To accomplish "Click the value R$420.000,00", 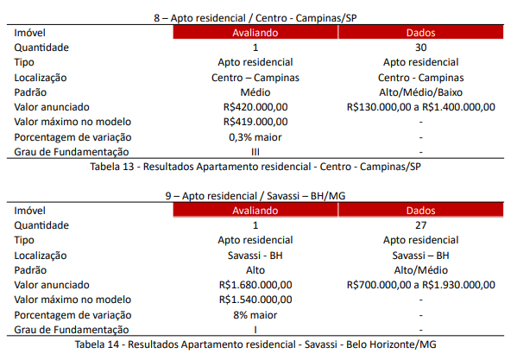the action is pyautogui.click(x=255, y=107).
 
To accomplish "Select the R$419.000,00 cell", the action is pyautogui.click(x=255, y=122).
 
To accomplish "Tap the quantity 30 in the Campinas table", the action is pyautogui.click(x=420, y=47).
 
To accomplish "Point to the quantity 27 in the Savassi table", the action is pyautogui.click(x=420, y=225).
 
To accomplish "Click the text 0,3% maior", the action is pyautogui.click(x=255, y=137).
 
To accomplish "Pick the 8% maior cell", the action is pyautogui.click(x=255, y=315).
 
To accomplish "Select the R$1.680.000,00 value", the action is pyautogui.click(x=255, y=285).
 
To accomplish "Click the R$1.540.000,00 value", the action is pyautogui.click(x=255, y=300).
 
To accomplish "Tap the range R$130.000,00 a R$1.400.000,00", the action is pyautogui.click(x=420, y=107).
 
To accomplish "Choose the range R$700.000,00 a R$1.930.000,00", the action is pyautogui.click(x=420, y=285).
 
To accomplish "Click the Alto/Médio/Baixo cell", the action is pyautogui.click(x=420, y=92).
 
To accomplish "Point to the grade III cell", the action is pyautogui.click(x=255, y=152).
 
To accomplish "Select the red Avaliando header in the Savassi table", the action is pyautogui.click(x=255, y=211).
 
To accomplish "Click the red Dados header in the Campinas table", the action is pyautogui.click(x=420, y=32).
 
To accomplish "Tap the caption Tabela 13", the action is pyautogui.click(x=112, y=167).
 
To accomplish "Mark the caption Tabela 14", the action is pyautogui.click(x=97, y=344).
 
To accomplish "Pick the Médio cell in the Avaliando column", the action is pyautogui.click(x=255, y=92).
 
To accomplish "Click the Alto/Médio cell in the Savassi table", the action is pyautogui.click(x=420, y=270).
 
